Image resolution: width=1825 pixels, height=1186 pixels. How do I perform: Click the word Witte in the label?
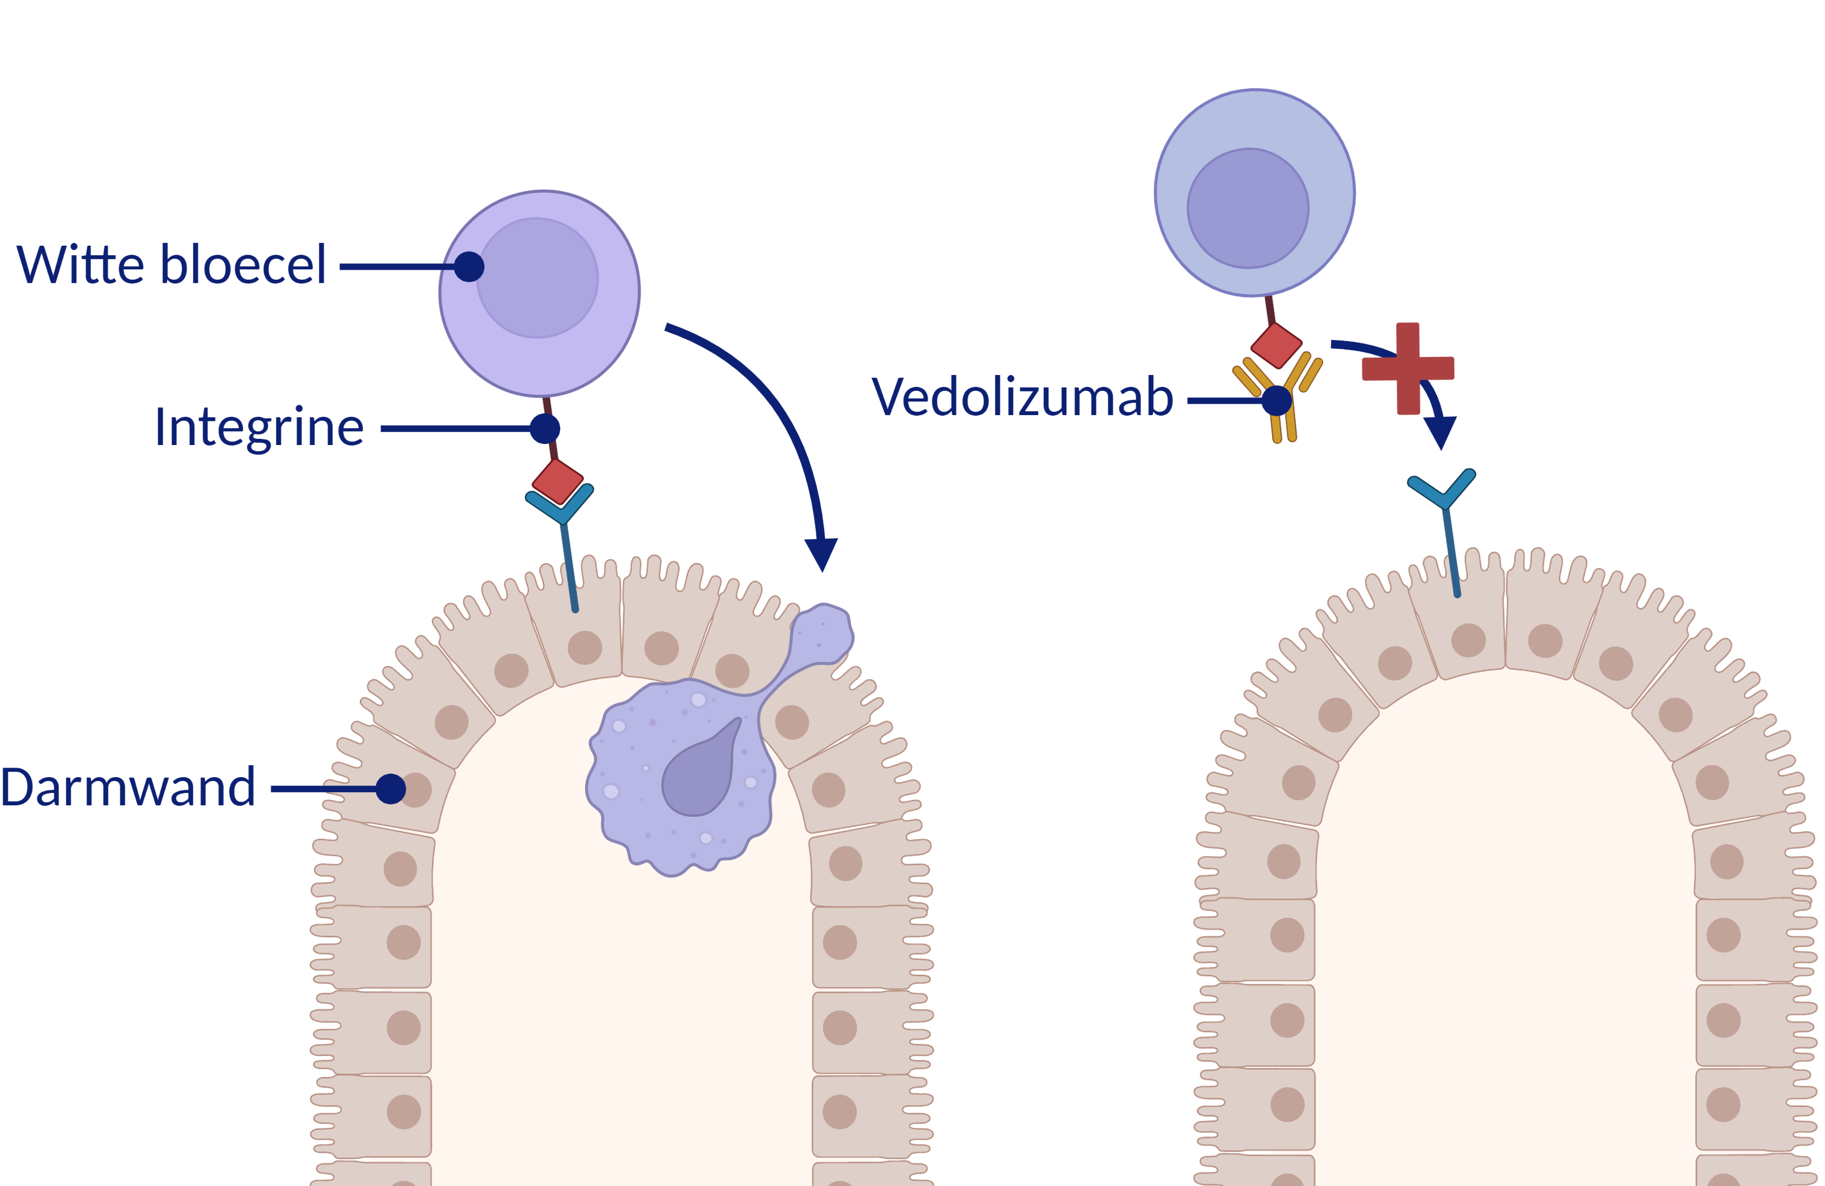click(x=81, y=264)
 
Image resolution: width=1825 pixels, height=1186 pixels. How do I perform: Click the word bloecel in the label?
click(x=244, y=264)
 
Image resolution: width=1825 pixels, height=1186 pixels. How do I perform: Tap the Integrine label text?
click(x=259, y=427)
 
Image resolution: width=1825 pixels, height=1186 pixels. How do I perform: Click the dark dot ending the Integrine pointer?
click(x=545, y=429)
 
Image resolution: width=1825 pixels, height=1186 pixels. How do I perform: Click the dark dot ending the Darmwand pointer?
click(x=391, y=788)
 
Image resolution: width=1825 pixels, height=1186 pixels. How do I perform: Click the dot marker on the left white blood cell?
click(x=468, y=267)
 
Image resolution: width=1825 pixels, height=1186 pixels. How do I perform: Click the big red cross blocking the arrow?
click(x=1408, y=369)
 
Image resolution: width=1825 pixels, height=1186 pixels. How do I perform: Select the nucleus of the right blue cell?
click(x=1248, y=208)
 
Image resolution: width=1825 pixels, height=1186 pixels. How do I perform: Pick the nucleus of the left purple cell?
click(x=538, y=277)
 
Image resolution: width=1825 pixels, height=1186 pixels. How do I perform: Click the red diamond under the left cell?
click(x=557, y=481)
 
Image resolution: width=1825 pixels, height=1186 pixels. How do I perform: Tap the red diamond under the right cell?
click(x=1277, y=346)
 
